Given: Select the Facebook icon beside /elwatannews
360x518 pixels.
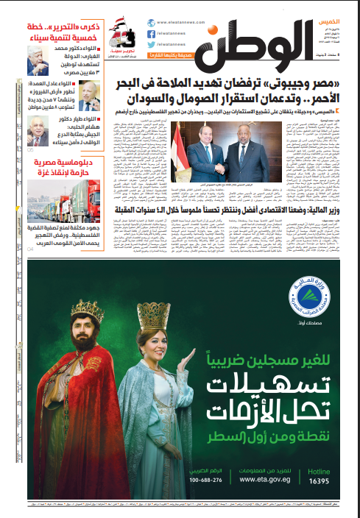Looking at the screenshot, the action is (151, 33).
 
